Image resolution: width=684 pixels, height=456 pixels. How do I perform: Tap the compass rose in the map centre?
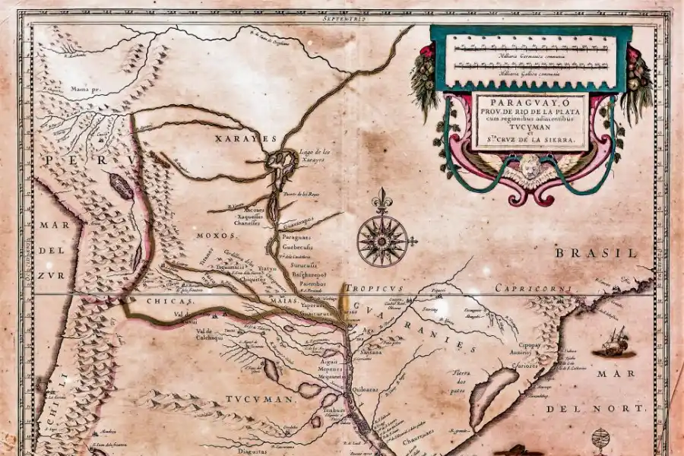[382, 240]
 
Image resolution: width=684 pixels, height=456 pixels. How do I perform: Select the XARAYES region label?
[243, 139]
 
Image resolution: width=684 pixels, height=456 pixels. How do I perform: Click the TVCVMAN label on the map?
[259, 399]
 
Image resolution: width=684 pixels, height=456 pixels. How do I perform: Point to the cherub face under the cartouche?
[529, 166]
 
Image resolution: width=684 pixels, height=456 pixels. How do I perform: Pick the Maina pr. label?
[87, 89]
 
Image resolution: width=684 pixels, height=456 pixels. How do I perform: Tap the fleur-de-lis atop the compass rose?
[382, 201]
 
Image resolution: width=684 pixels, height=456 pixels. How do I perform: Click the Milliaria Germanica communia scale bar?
[530, 47]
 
